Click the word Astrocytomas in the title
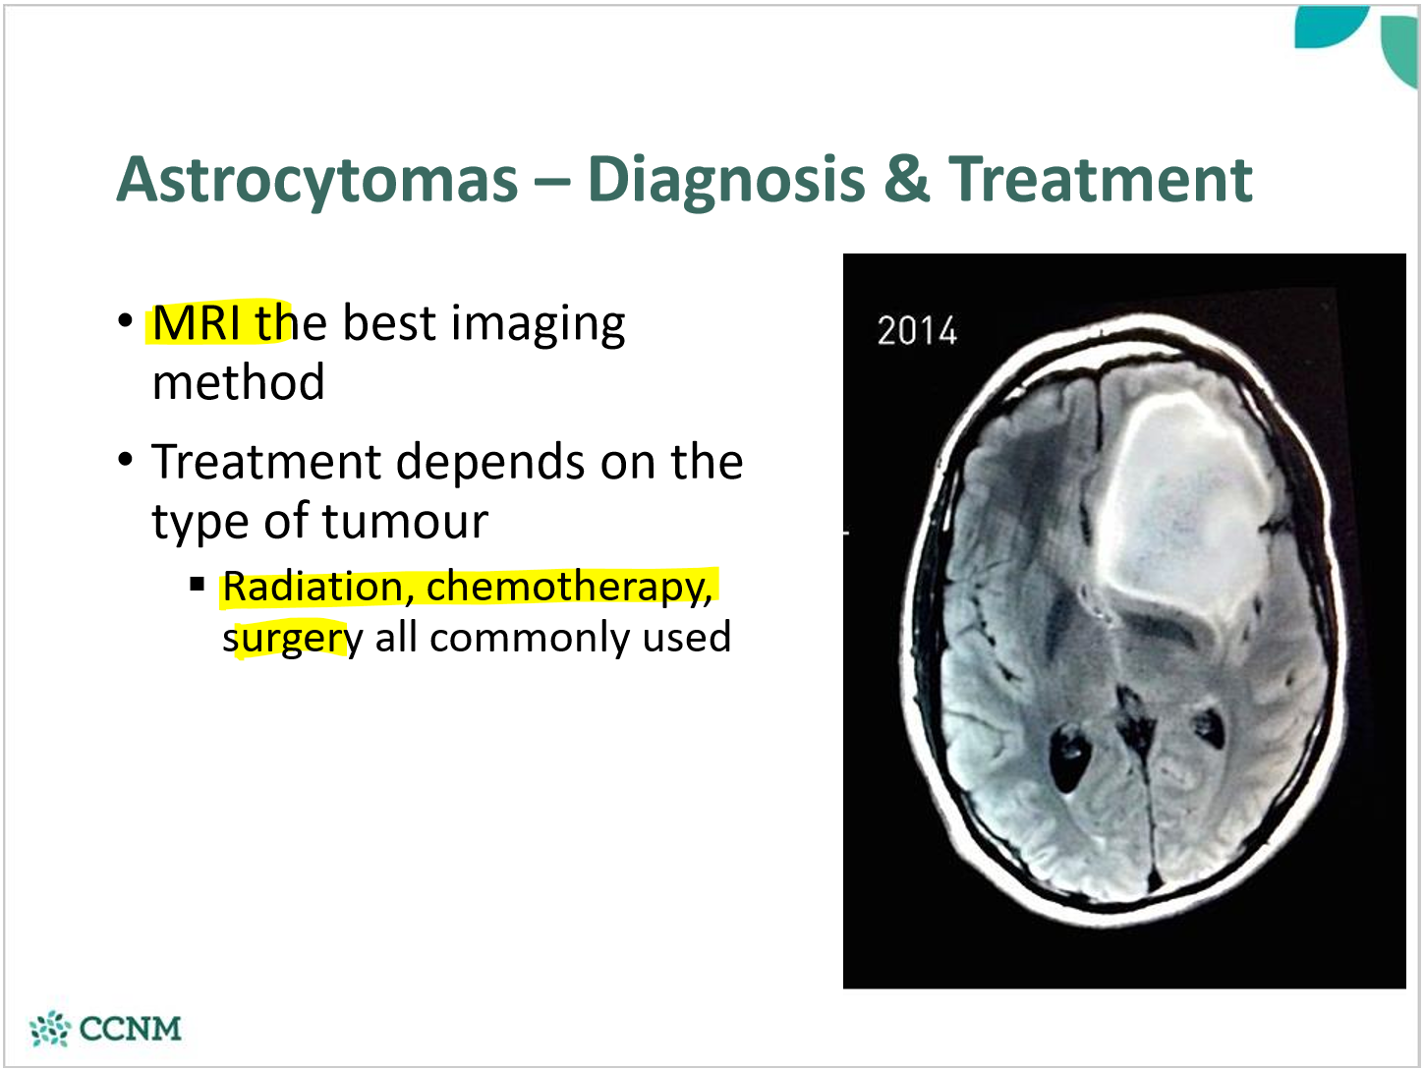tap(317, 180)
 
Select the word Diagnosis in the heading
tap(726, 180)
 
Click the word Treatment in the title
tap(1100, 180)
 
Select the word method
tap(238, 382)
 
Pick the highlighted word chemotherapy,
tap(569, 587)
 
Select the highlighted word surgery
tap(292, 639)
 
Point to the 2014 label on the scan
tap(916, 331)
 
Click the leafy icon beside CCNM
tap(50, 1029)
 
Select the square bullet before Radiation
tap(198, 586)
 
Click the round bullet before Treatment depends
tap(125, 461)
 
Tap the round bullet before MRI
tap(125, 321)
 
